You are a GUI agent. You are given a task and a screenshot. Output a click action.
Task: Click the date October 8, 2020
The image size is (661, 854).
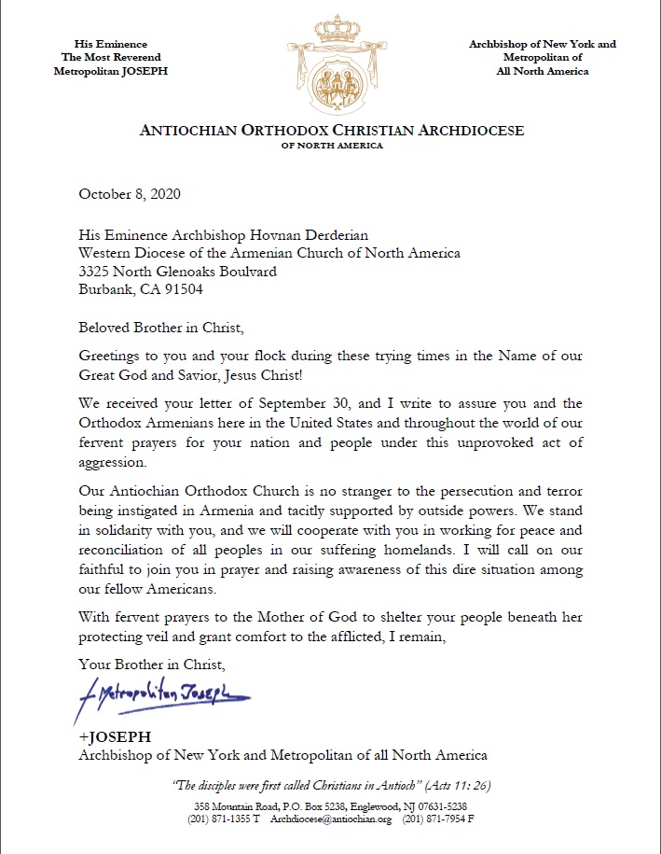click(x=130, y=195)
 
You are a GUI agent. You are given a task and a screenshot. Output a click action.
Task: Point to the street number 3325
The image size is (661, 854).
click(x=96, y=272)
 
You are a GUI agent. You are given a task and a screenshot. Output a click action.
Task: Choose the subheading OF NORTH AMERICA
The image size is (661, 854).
click(x=331, y=146)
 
